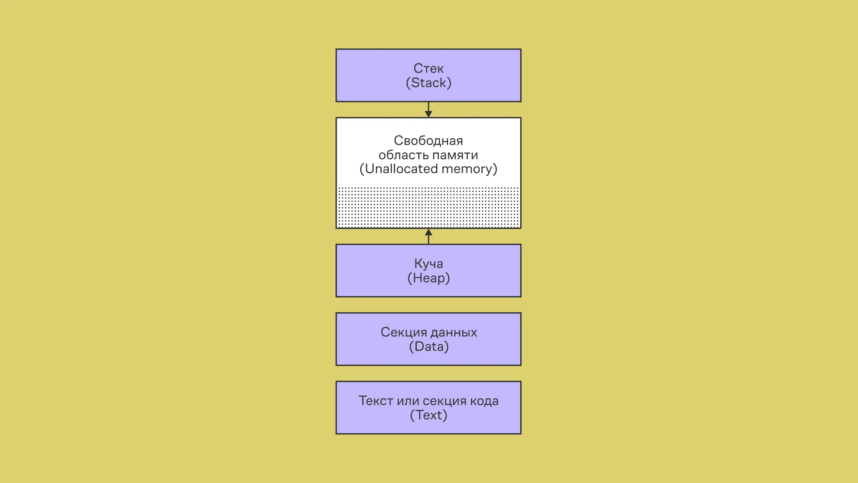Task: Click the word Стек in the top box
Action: (428, 68)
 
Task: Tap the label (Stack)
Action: (428, 83)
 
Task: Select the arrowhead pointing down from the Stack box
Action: (428, 114)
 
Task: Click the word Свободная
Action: (428, 140)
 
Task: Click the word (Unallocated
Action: (399, 169)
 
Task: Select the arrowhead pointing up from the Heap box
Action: (428, 233)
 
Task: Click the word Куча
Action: (428, 263)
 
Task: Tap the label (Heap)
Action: (428, 278)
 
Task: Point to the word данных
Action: (454, 332)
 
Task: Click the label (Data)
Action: (428, 347)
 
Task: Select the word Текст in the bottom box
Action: (375, 401)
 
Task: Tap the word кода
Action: (484, 401)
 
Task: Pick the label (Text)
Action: (428, 415)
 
